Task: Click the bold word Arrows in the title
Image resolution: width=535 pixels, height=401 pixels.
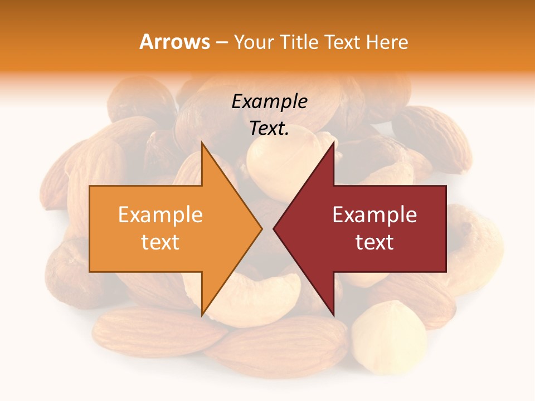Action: (174, 42)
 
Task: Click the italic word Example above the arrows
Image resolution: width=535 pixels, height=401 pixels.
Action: (269, 102)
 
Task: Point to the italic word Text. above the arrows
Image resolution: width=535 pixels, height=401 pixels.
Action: (269, 129)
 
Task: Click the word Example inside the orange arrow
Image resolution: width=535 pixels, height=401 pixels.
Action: (160, 215)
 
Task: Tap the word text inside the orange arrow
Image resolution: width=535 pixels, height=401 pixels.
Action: (160, 242)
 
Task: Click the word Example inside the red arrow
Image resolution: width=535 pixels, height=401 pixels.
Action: (374, 215)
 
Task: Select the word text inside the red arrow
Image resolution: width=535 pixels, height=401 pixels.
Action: (374, 242)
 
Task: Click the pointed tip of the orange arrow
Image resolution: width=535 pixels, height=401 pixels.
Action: (261, 228)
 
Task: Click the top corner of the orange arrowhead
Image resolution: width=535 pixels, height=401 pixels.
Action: (202, 143)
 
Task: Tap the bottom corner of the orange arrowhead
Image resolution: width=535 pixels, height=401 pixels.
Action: (202, 315)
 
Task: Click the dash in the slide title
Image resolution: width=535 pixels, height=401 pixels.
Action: (222, 42)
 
